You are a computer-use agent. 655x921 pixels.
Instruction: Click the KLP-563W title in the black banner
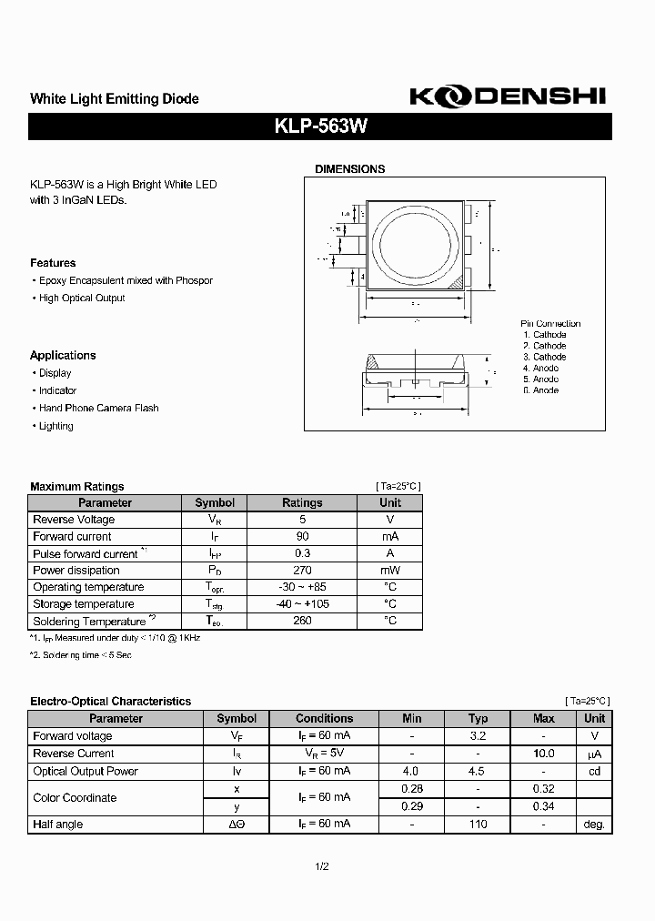pyautogui.click(x=320, y=127)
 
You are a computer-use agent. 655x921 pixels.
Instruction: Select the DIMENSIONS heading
pyautogui.click(x=349, y=169)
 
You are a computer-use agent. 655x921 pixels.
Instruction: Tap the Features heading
pyautogui.click(x=53, y=263)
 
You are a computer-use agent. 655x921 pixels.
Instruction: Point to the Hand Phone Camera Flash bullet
pyautogui.click(x=98, y=408)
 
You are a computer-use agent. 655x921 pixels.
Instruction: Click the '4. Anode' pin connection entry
pyautogui.click(x=540, y=368)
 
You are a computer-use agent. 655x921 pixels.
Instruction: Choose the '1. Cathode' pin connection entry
pyautogui.click(x=544, y=335)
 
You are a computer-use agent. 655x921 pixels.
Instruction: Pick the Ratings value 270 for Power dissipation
pyautogui.click(x=302, y=571)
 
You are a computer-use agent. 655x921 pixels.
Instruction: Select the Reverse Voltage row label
pyautogui.click(x=74, y=520)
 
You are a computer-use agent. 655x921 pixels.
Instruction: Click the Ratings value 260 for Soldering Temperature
pyautogui.click(x=302, y=621)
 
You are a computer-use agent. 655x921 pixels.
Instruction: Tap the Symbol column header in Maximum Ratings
pyautogui.click(x=215, y=502)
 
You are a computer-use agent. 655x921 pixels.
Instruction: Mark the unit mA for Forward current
pyautogui.click(x=389, y=537)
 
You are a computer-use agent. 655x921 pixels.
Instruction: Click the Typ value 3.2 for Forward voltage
pyautogui.click(x=478, y=736)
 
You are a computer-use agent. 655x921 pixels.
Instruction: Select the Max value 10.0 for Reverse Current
pyautogui.click(x=543, y=754)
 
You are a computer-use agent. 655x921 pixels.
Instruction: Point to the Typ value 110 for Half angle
pyautogui.click(x=478, y=825)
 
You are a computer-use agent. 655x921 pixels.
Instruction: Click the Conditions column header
pyautogui.click(x=324, y=719)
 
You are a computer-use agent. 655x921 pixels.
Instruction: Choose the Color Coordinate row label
pyautogui.click(x=75, y=798)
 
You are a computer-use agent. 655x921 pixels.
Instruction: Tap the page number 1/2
pyautogui.click(x=320, y=866)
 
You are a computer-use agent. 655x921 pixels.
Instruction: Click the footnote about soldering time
pyautogui.click(x=81, y=655)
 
